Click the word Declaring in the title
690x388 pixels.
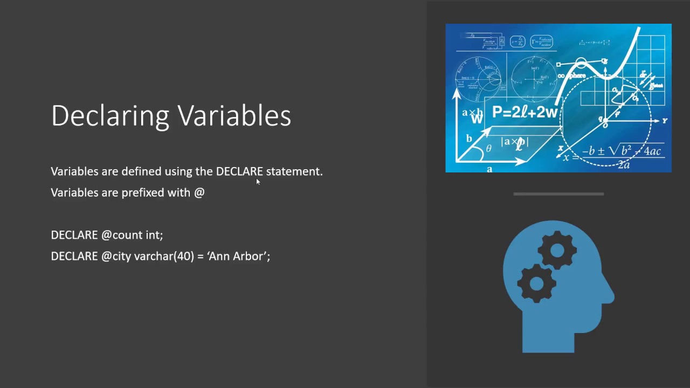[x=111, y=116]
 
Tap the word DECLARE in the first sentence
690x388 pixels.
[x=239, y=171]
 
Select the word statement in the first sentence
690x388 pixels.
[x=294, y=171]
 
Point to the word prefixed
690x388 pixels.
[x=143, y=192]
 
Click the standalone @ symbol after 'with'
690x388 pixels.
[x=199, y=192]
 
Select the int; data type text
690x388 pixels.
[x=154, y=235]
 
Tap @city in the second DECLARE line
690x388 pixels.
[x=116, y=256]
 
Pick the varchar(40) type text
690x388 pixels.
[x=164, y=256]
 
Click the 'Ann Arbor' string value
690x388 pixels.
[x=238, y=256]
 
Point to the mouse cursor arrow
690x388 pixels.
[x=258, y=182]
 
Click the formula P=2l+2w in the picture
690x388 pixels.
[x=524, y=112]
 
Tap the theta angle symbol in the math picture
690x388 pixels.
[x=488, y=149]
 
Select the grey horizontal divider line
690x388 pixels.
[x=558, y=194]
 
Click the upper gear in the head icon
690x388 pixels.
[x=557, y=250]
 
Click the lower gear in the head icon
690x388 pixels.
[x=536, y=283]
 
